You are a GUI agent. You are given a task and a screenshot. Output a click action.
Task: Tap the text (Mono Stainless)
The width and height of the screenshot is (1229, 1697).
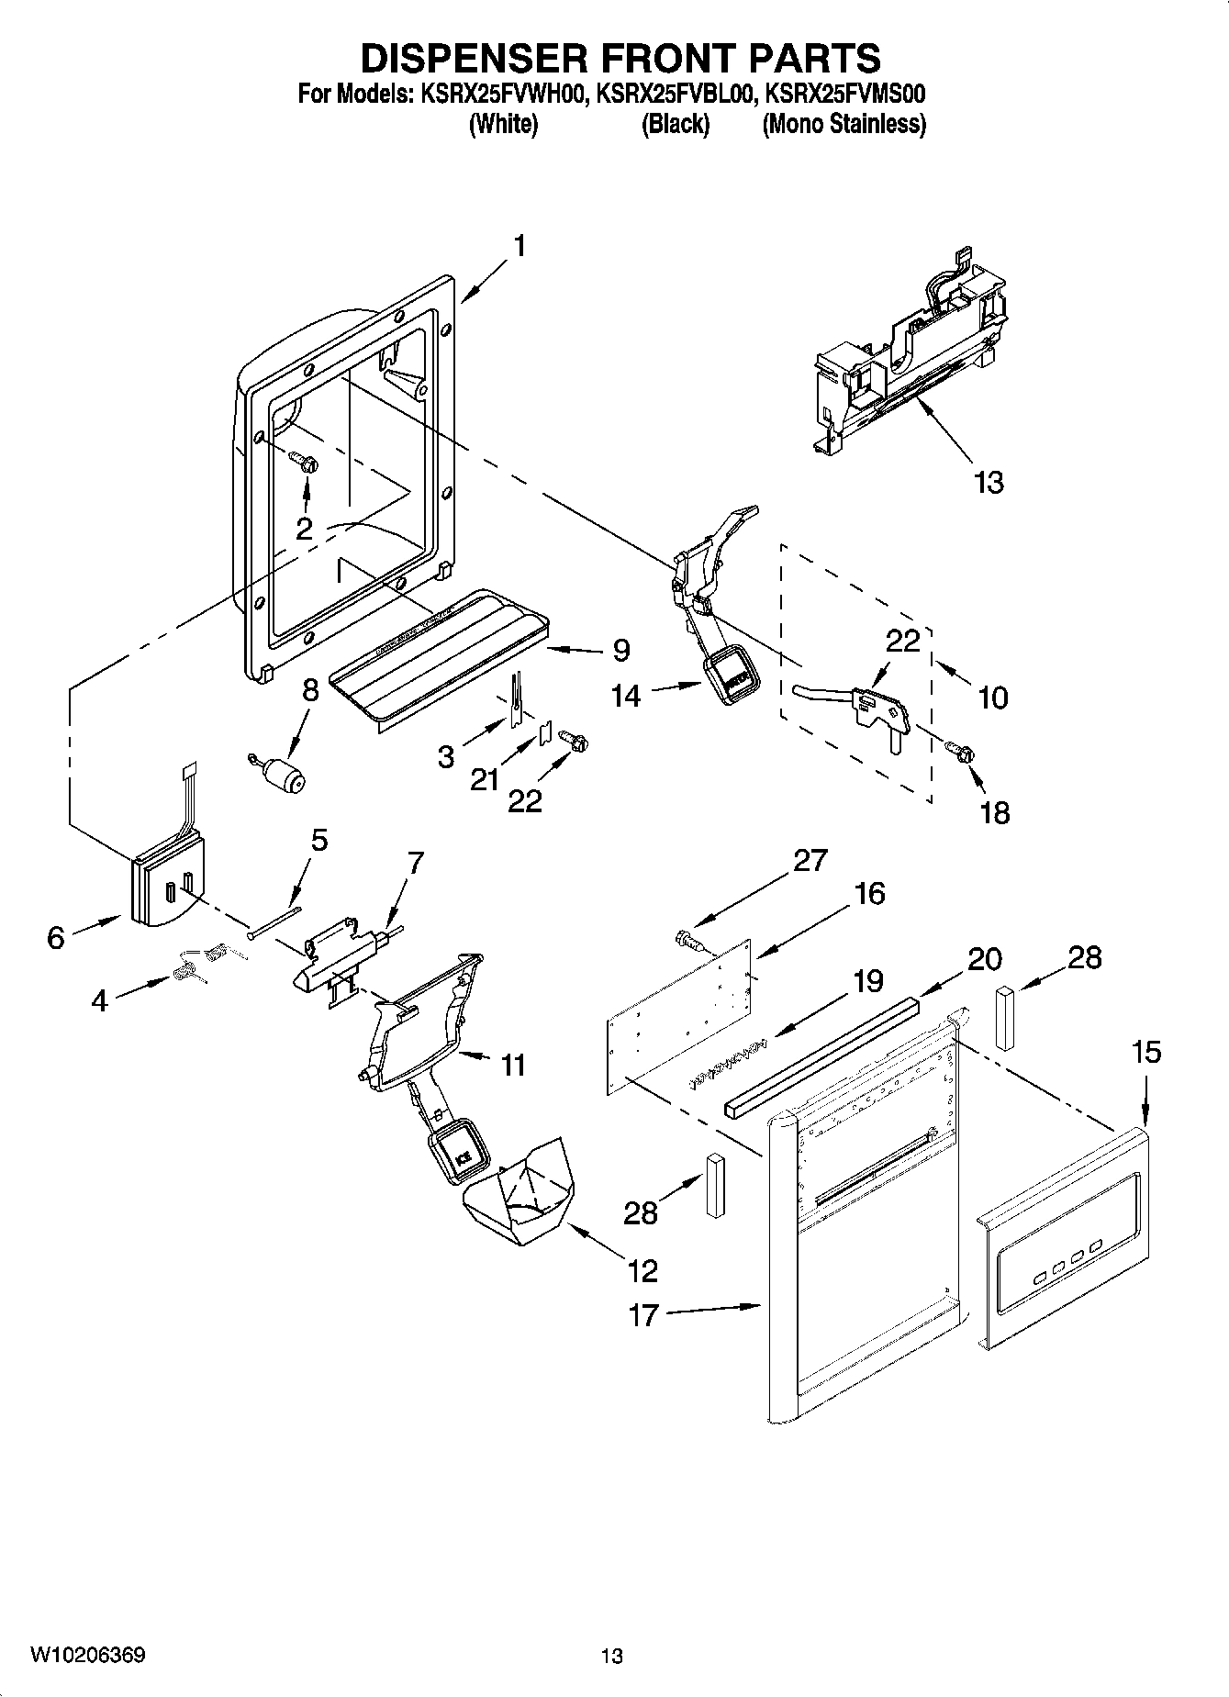[844, 124]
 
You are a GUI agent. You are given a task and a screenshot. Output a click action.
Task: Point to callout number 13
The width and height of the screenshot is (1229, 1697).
[989, 482]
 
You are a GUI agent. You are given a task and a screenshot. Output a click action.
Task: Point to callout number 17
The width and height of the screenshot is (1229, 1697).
[643, 1314]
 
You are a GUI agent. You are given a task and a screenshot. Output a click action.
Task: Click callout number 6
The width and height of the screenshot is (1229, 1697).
[56, 937]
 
